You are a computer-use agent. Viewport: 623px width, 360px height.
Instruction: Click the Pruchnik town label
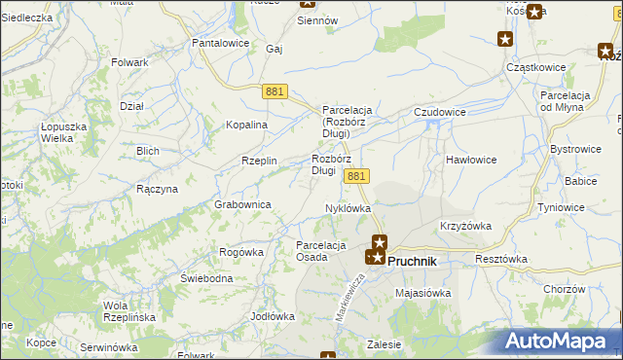pyautogui.click(x=413, y=261)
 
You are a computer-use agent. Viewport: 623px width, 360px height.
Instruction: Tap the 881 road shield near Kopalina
pyautogui.click(x=274, y=90)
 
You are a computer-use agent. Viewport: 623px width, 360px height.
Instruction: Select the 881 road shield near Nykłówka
pyautogui.click(x=356, y=176)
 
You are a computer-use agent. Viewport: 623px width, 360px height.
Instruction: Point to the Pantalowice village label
pyautogui.click(x=221, y=43)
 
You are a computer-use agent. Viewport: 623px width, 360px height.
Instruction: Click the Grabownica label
pyautogui.click(x=242, y=204)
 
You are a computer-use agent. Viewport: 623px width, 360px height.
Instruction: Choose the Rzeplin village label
pyautogui.click(x=260, y=161)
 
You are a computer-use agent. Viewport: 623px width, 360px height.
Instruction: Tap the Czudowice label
pyautogui.click(x=439, y=112)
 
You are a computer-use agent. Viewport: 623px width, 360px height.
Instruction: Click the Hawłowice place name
pyautogui.click(x=472, y=159)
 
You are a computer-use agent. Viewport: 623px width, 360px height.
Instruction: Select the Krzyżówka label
pyautogui.click(x=465, y=226)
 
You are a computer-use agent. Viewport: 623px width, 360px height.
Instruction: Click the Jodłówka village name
pyautogui.click(x=273, y=316)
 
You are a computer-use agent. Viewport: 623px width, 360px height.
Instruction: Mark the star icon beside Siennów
pyautogui.click(x=304, y=3)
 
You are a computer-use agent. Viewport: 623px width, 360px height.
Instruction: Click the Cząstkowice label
pyautogui.click(x=537, y=67)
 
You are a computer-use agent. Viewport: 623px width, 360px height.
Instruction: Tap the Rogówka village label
pyautogui.click(x=241, y=252)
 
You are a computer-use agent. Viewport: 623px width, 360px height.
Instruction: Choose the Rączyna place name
pyautogui.click(x=157, y=189)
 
